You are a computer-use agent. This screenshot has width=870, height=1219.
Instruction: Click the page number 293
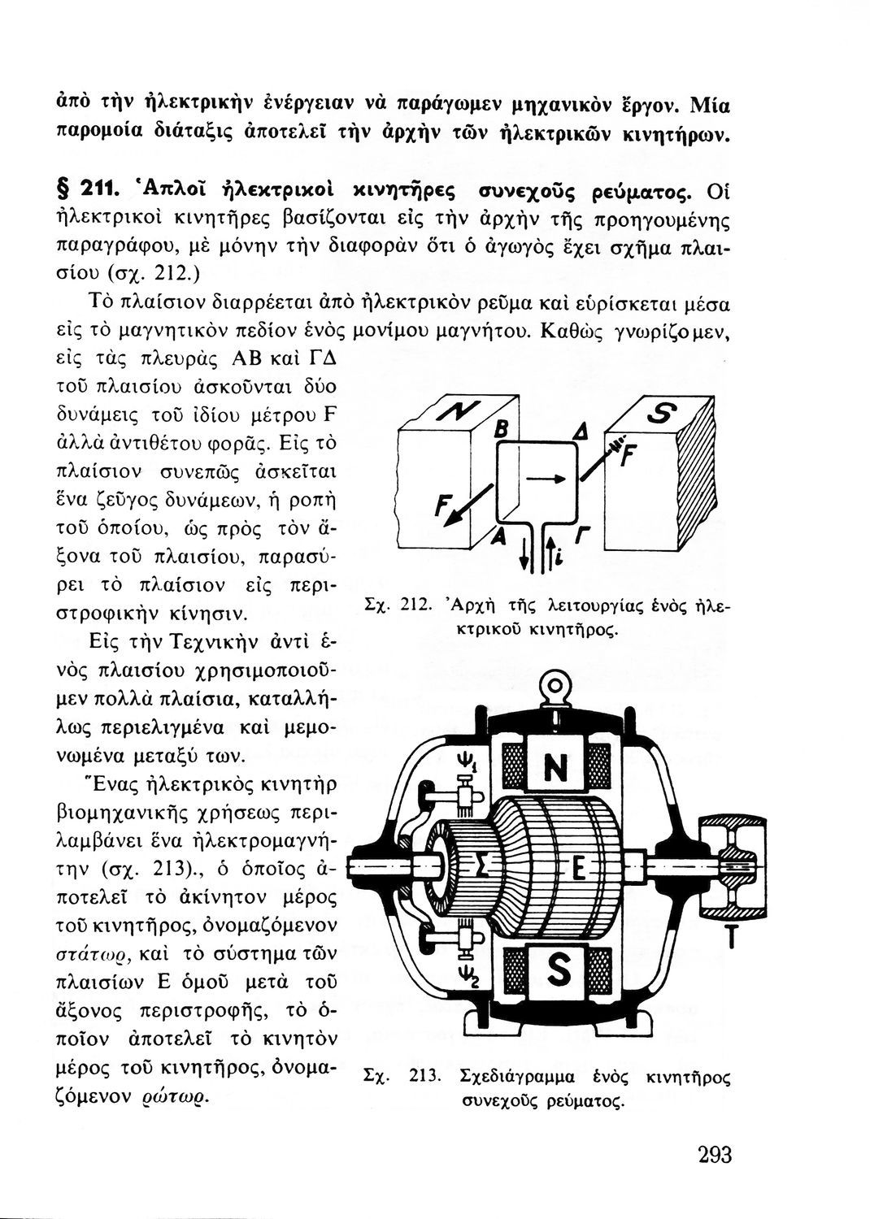715,1156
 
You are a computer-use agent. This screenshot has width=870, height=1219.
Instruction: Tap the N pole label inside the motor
555,766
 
